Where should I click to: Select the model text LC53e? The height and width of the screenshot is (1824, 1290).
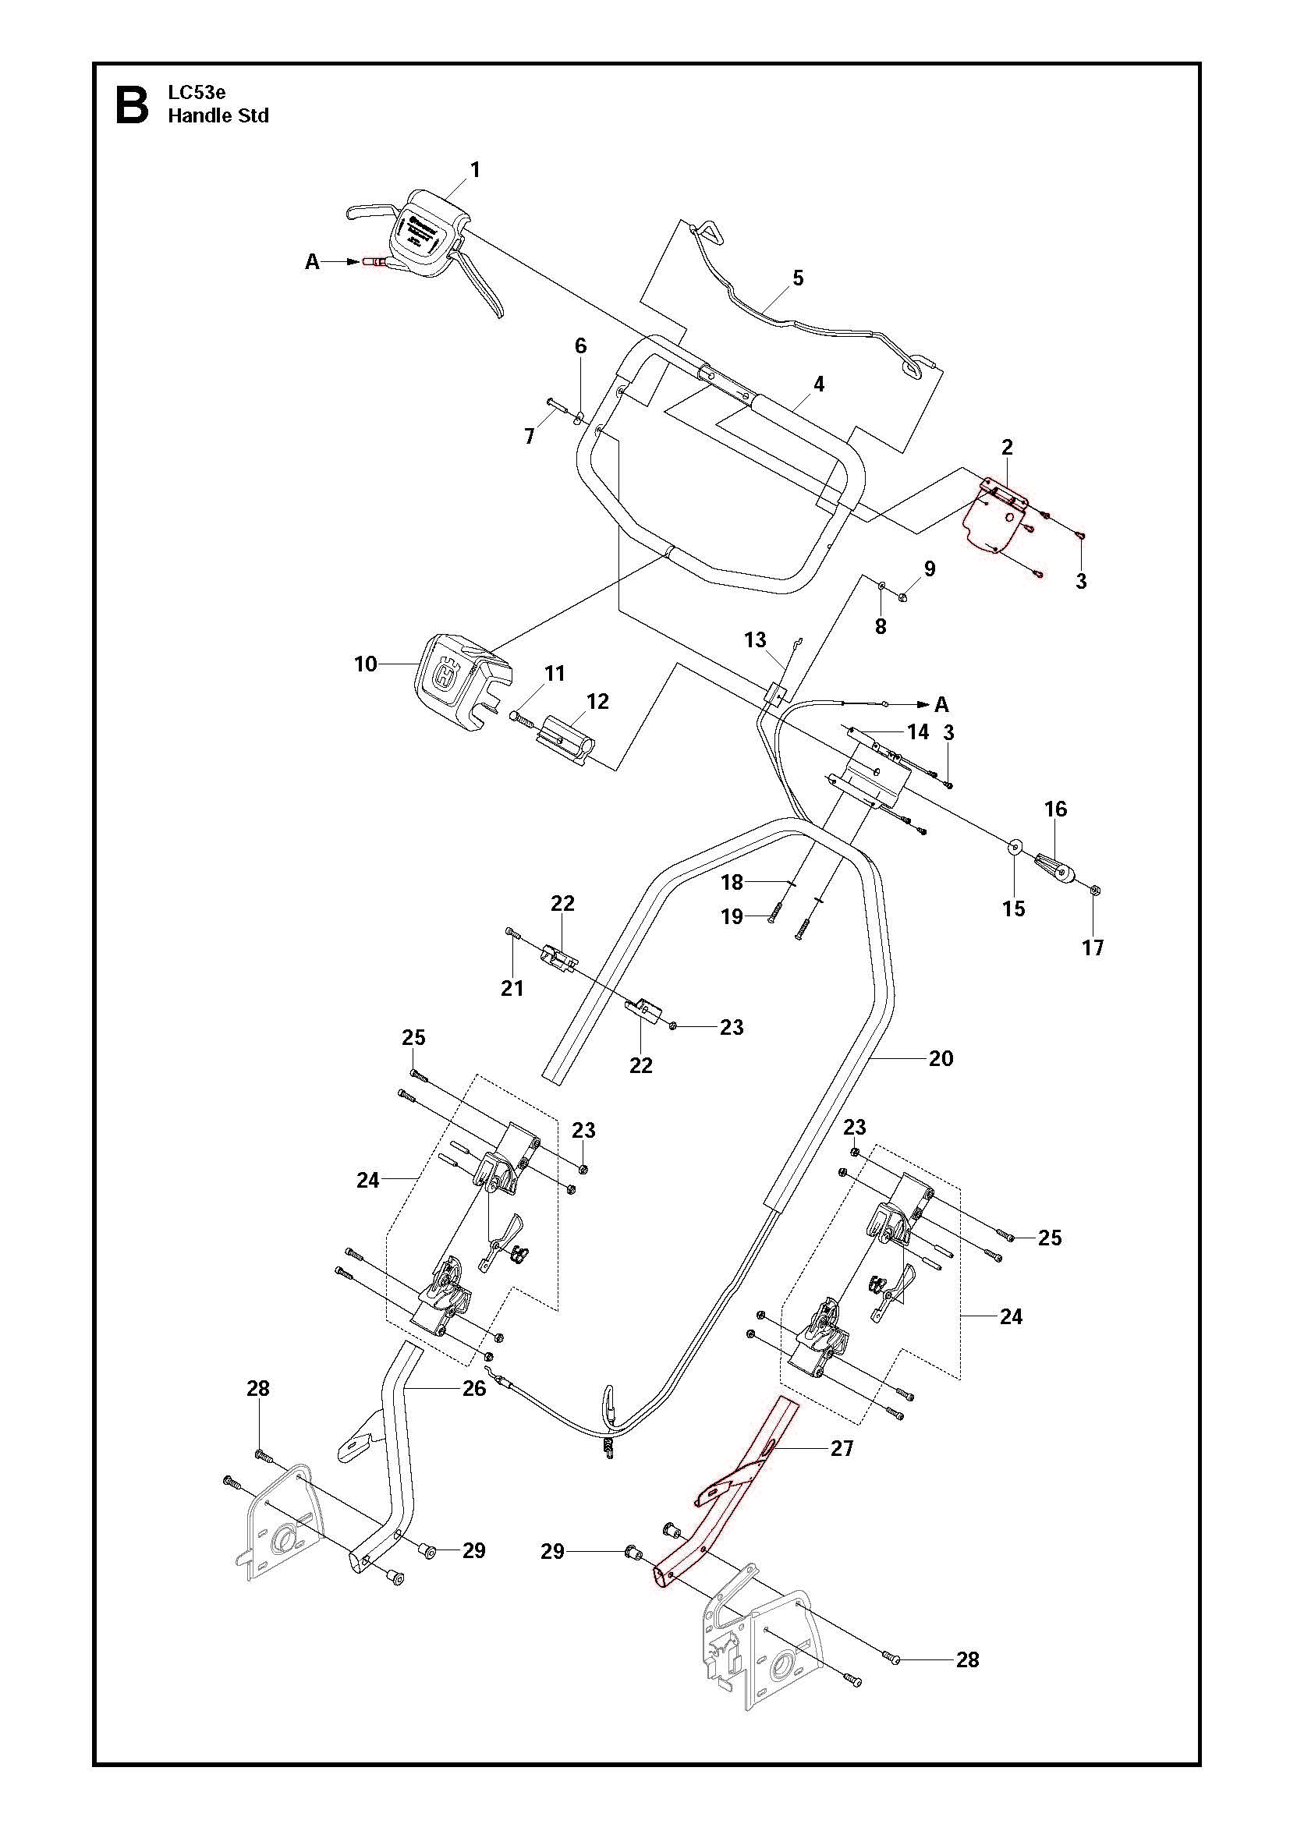pyautogui.click(x=197, y=93)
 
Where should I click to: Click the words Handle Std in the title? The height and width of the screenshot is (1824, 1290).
pyautogui.click(x=218, y=116)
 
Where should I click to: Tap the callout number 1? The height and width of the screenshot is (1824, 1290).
pyautogui.click(x=475, y=170)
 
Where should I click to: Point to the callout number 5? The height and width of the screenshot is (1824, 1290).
pyautogui.click(x=798, y=278)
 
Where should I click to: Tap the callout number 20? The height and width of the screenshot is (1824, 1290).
pyautogui.click(x=941, y=1058)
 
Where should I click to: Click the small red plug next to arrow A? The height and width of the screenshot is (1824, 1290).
pyautogui.click(x=373, y=261)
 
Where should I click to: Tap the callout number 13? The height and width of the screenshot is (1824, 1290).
pyautogui.click(x=755, y=639)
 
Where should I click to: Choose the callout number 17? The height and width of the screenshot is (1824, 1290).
pyautogui.click(x=1093, y=947)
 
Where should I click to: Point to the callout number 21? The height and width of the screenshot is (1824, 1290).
pyautogui.click(x=512, y=987)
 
